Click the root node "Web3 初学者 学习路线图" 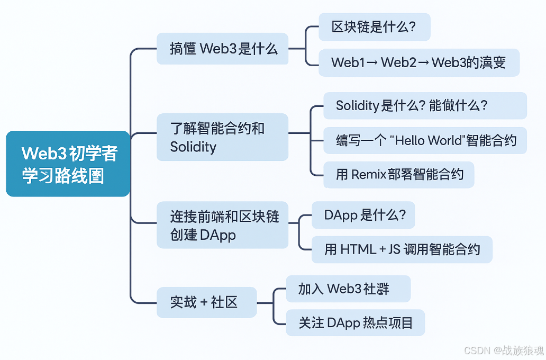click(x=68, y=164)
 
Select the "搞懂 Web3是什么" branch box click(x=223, y=49)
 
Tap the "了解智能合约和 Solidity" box click(x=222, y=137)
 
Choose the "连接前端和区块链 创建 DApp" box click(x=222, y=225)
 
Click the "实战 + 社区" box click(x=206, y=302)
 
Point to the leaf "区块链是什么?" click(x=374, y=27)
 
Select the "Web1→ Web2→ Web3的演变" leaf click(x=418, y=62)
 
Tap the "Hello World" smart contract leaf click(x=425, y=140)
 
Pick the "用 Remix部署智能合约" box click(x=398, y=175)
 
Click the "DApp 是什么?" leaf click(x=363, y=215)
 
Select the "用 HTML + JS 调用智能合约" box click(x=402, y=249)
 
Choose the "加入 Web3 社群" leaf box click(x=348, y=289)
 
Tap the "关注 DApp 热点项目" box click(x=355, y=322)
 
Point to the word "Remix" click(x=369, y=175)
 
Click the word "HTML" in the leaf click(x=358, y=249)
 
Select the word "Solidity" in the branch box click(x=193, y=147)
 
